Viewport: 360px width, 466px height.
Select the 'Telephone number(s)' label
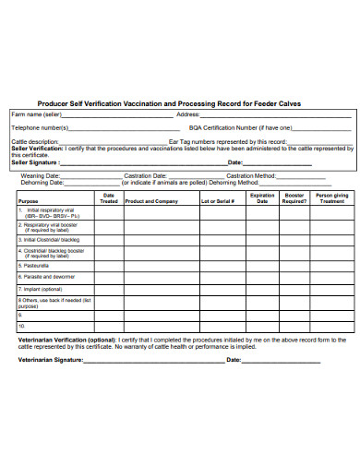coord(39,127)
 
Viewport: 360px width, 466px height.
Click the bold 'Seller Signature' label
coord(38,162)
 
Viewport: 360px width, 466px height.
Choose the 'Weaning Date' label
coord(42,174)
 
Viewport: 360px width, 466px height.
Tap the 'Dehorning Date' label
coord(42,182)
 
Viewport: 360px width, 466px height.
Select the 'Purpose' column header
coord(29,200)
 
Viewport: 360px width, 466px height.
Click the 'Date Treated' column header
coord(108,197)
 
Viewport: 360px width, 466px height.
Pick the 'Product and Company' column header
coord(151,200)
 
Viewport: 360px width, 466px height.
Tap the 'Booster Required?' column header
coord(294,197)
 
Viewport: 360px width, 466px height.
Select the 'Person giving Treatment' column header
coord(331,197)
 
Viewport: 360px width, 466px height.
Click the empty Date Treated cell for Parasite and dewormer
coord(108,276)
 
